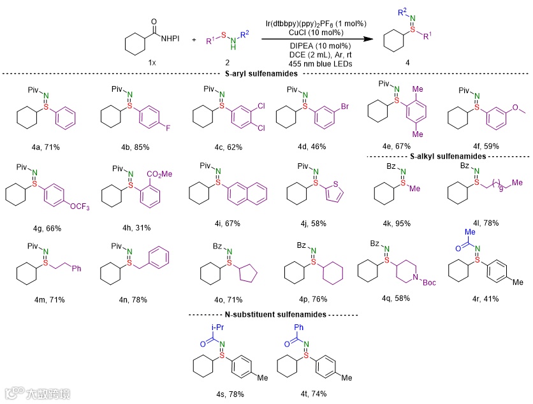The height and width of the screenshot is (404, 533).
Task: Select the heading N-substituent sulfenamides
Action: (274, 314)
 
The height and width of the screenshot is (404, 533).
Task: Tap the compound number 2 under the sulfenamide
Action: (228, 62)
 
